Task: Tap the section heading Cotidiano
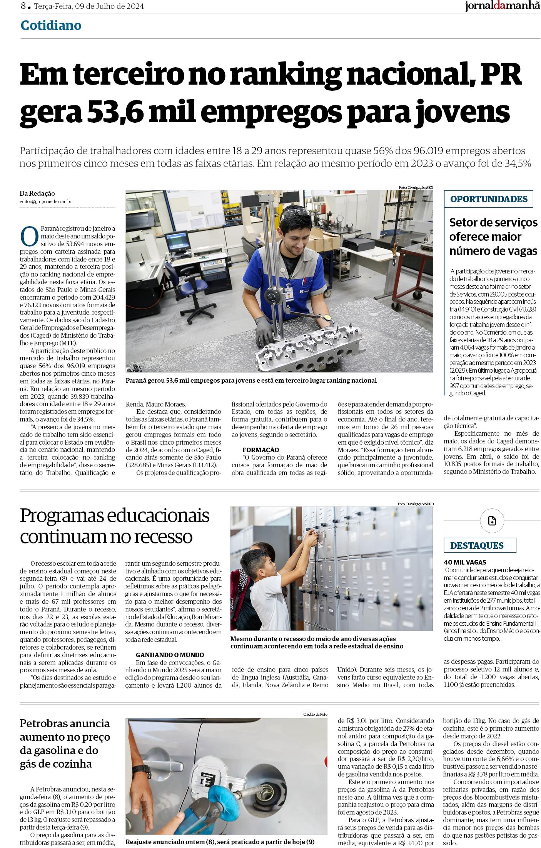point(51,26)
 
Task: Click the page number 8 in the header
point(23,6)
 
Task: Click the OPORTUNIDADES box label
point(488,199)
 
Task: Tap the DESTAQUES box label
point(476,545)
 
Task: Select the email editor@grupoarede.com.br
point(45,202)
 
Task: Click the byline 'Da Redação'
point(37,194)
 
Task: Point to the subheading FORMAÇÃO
point(260,450)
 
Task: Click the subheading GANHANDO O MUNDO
point(170,655)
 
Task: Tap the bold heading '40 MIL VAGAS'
point(465,562)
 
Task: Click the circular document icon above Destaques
point(492,521)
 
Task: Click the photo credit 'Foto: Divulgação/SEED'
point(416,504)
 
